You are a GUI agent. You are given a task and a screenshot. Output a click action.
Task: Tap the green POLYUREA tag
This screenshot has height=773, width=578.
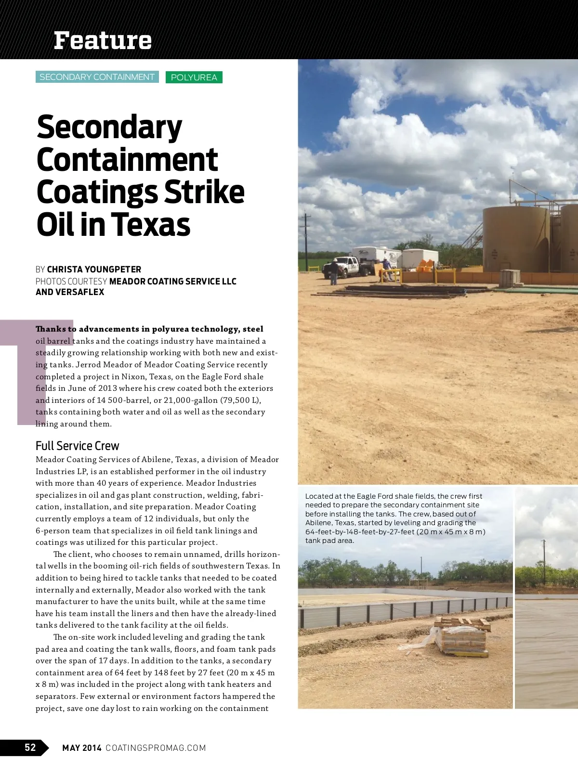click(194, 77)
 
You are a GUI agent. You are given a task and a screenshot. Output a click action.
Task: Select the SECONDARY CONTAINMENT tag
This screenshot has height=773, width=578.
click(97, 77)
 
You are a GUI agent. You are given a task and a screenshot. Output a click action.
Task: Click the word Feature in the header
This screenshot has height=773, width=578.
click(103, 40)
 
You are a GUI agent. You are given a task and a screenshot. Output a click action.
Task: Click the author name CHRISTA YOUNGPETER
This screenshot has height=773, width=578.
click(94, 269)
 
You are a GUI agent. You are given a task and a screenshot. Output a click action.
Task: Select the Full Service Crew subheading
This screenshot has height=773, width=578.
click(77, 446)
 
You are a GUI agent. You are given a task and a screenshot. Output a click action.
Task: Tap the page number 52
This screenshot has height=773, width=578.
click(30, 747)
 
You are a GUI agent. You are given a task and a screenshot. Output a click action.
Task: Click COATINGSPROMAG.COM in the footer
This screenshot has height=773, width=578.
click(156, 747)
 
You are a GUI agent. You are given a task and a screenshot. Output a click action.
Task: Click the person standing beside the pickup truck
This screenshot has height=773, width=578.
click(334, 271)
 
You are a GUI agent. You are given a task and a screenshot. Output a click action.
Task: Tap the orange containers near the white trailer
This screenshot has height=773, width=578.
click(427, 265)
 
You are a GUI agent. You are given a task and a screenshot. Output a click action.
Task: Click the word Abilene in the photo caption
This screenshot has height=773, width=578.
click(318, 523)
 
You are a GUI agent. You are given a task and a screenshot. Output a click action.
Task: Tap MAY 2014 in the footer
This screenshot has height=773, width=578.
click(81, 747)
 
